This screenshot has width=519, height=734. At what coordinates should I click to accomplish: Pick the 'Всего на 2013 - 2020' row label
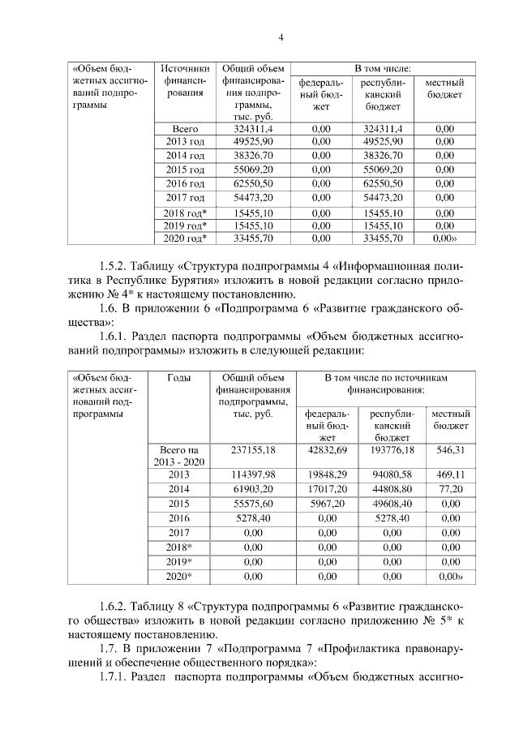tap(178, 455)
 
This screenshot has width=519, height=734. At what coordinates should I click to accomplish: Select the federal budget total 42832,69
tap(328, 449)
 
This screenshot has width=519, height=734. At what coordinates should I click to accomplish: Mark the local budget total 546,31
tap(451, 449)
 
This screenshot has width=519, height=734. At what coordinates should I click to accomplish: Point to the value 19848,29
tap(328, 474)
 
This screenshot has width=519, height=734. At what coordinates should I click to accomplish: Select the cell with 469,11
tap(451, 474)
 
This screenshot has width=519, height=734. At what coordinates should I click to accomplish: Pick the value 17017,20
tap(328, 490)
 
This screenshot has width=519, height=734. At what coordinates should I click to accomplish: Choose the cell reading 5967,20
tap(328, 505)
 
